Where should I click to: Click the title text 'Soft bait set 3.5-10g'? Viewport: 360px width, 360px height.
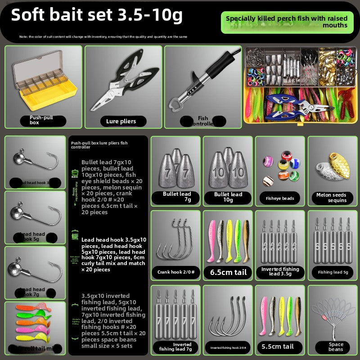pyautogui.click(x=97, y=15)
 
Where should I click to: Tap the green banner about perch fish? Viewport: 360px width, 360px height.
pyautogui.click(x=287, y=22)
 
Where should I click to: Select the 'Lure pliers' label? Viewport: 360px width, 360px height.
pyautogui.click(x=121, y=121)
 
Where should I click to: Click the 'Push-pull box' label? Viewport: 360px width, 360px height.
pyautogui.click(x=42, y=120)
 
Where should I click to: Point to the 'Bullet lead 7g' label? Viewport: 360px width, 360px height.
pyautogui.click(x=177, y=197)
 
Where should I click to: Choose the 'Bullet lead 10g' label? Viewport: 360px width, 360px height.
pyautogui.click(x=228, y=197)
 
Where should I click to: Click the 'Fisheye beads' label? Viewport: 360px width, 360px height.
pyautogui.click(x=280, y=198)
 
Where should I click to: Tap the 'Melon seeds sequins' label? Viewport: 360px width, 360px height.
pyautogui.click(x=332, y=198)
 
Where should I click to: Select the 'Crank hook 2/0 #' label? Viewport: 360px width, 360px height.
pyautogui.click(x=175, y=272)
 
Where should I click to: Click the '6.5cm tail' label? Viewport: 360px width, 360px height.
pyautogui.click(x=228, y=272)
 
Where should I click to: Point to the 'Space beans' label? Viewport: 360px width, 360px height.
pyautogui.click(x=336, y=347)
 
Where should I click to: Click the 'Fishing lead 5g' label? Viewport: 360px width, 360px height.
pyautogui.click(x=333, y=272)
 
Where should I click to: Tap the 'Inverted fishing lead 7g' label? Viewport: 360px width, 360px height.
pyautogui.click(x=175, y=346)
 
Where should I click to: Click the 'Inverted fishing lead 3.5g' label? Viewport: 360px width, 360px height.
pyautogui.click(x=280, y=272)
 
